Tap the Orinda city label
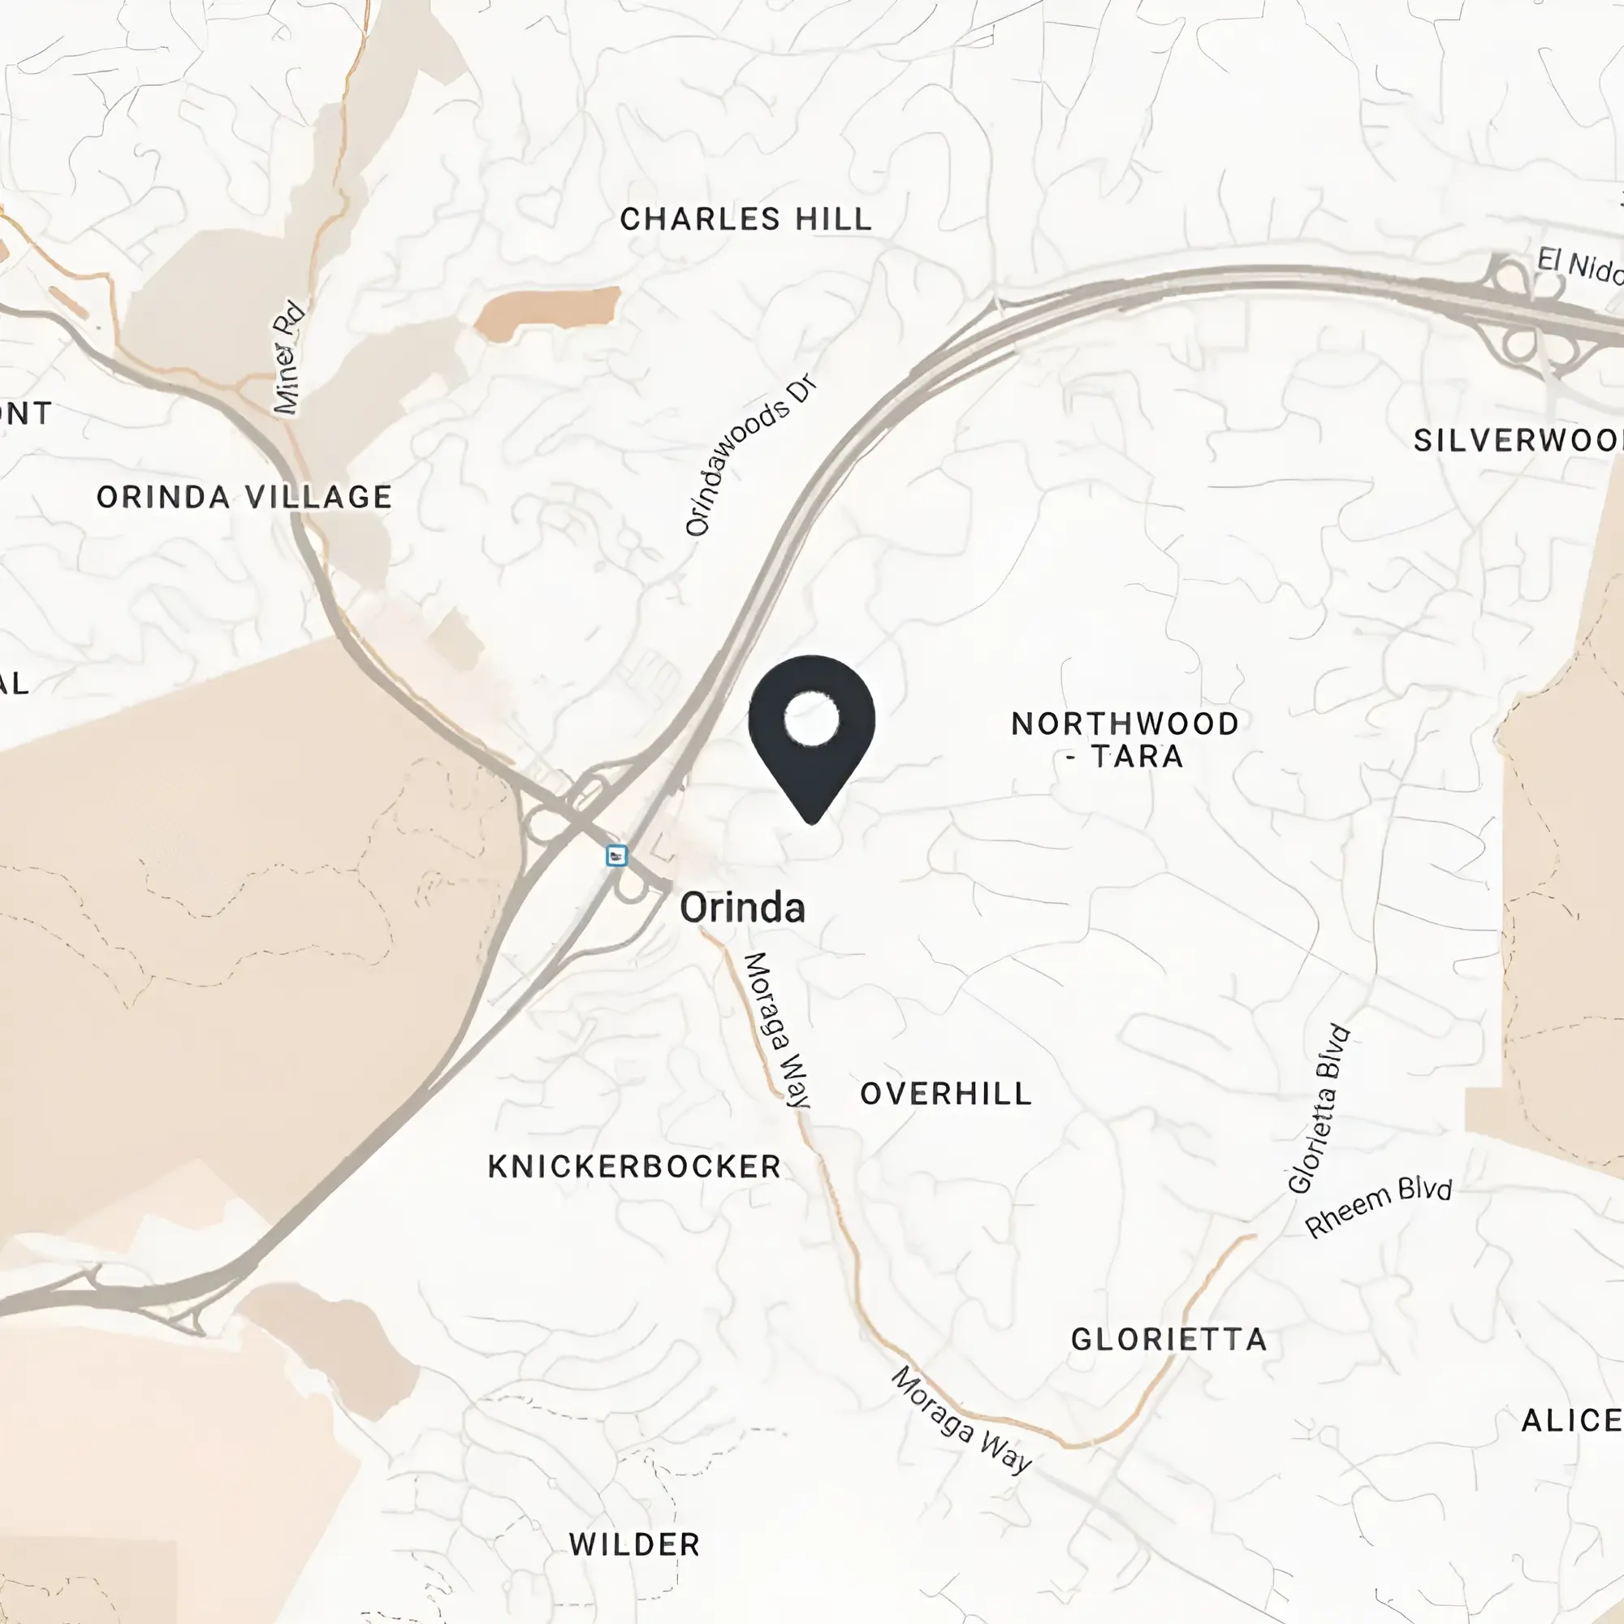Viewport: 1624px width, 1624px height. click(x=741, y=908)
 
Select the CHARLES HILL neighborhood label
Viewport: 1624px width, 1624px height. click(x=745, y=219)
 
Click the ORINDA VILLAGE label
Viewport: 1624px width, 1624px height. click(x=244, y=497)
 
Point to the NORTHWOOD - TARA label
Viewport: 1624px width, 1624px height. click(x=1125, y=740)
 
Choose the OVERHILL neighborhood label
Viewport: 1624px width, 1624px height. click(x=946, y=1094)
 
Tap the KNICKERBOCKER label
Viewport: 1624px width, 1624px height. click(x=635, y=1167)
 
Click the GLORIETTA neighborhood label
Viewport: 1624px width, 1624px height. click(x=1168, y=1339)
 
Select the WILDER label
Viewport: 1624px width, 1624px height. click(x=635, y=1544)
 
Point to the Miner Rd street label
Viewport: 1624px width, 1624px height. click(x=287, y=356)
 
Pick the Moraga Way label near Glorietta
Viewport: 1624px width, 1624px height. click(x=961, y=1420)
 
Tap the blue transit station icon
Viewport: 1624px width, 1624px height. click(x=617, y=856)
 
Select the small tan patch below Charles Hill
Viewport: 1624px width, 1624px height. click(x=548, y=312)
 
